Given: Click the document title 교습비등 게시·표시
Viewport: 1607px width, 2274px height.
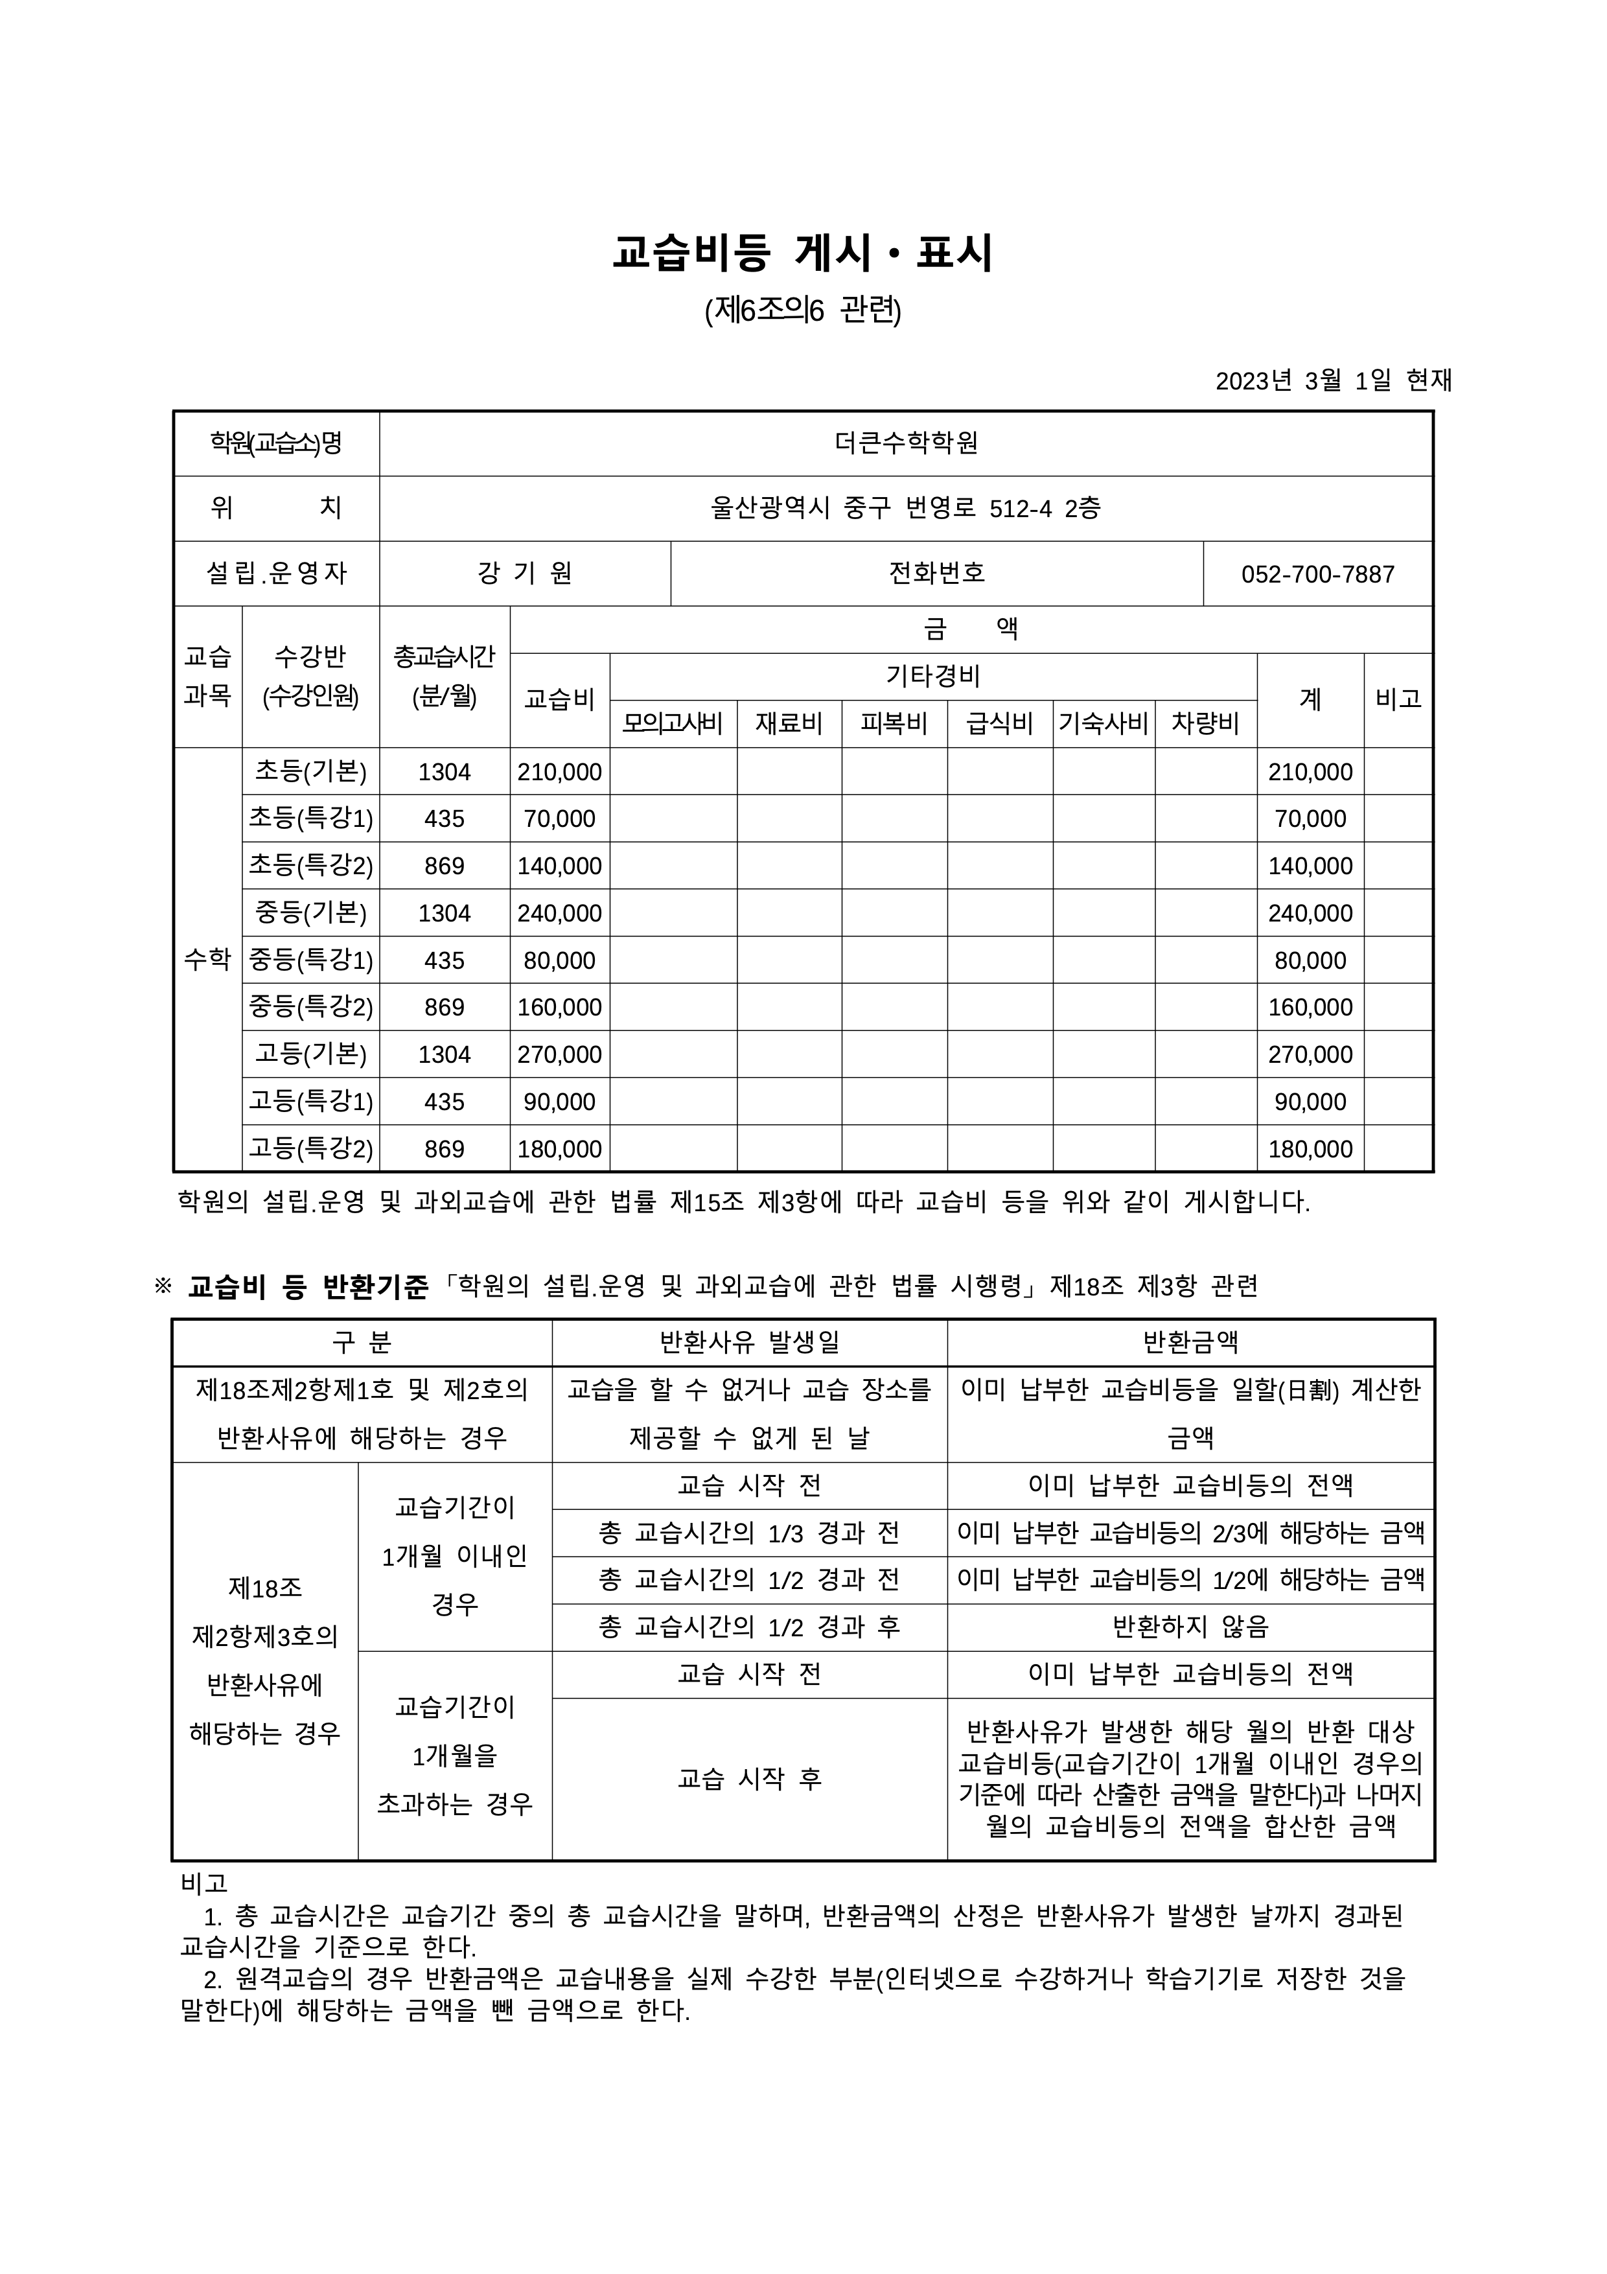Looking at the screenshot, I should pos(802,253).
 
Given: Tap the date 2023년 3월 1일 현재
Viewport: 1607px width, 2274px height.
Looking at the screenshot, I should pos(1333,380).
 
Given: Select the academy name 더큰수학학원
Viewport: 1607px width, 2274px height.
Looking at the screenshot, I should pos(905,443).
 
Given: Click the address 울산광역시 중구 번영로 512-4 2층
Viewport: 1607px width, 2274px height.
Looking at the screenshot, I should pos(905,508).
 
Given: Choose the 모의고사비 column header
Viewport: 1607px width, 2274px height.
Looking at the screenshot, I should pos(673,723).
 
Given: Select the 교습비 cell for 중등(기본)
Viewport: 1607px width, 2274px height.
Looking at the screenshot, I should pos(559,913).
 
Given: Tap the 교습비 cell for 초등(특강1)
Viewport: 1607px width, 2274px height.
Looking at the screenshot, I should pos(559,819).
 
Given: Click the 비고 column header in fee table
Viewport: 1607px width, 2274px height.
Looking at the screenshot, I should pos(1397,699).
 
